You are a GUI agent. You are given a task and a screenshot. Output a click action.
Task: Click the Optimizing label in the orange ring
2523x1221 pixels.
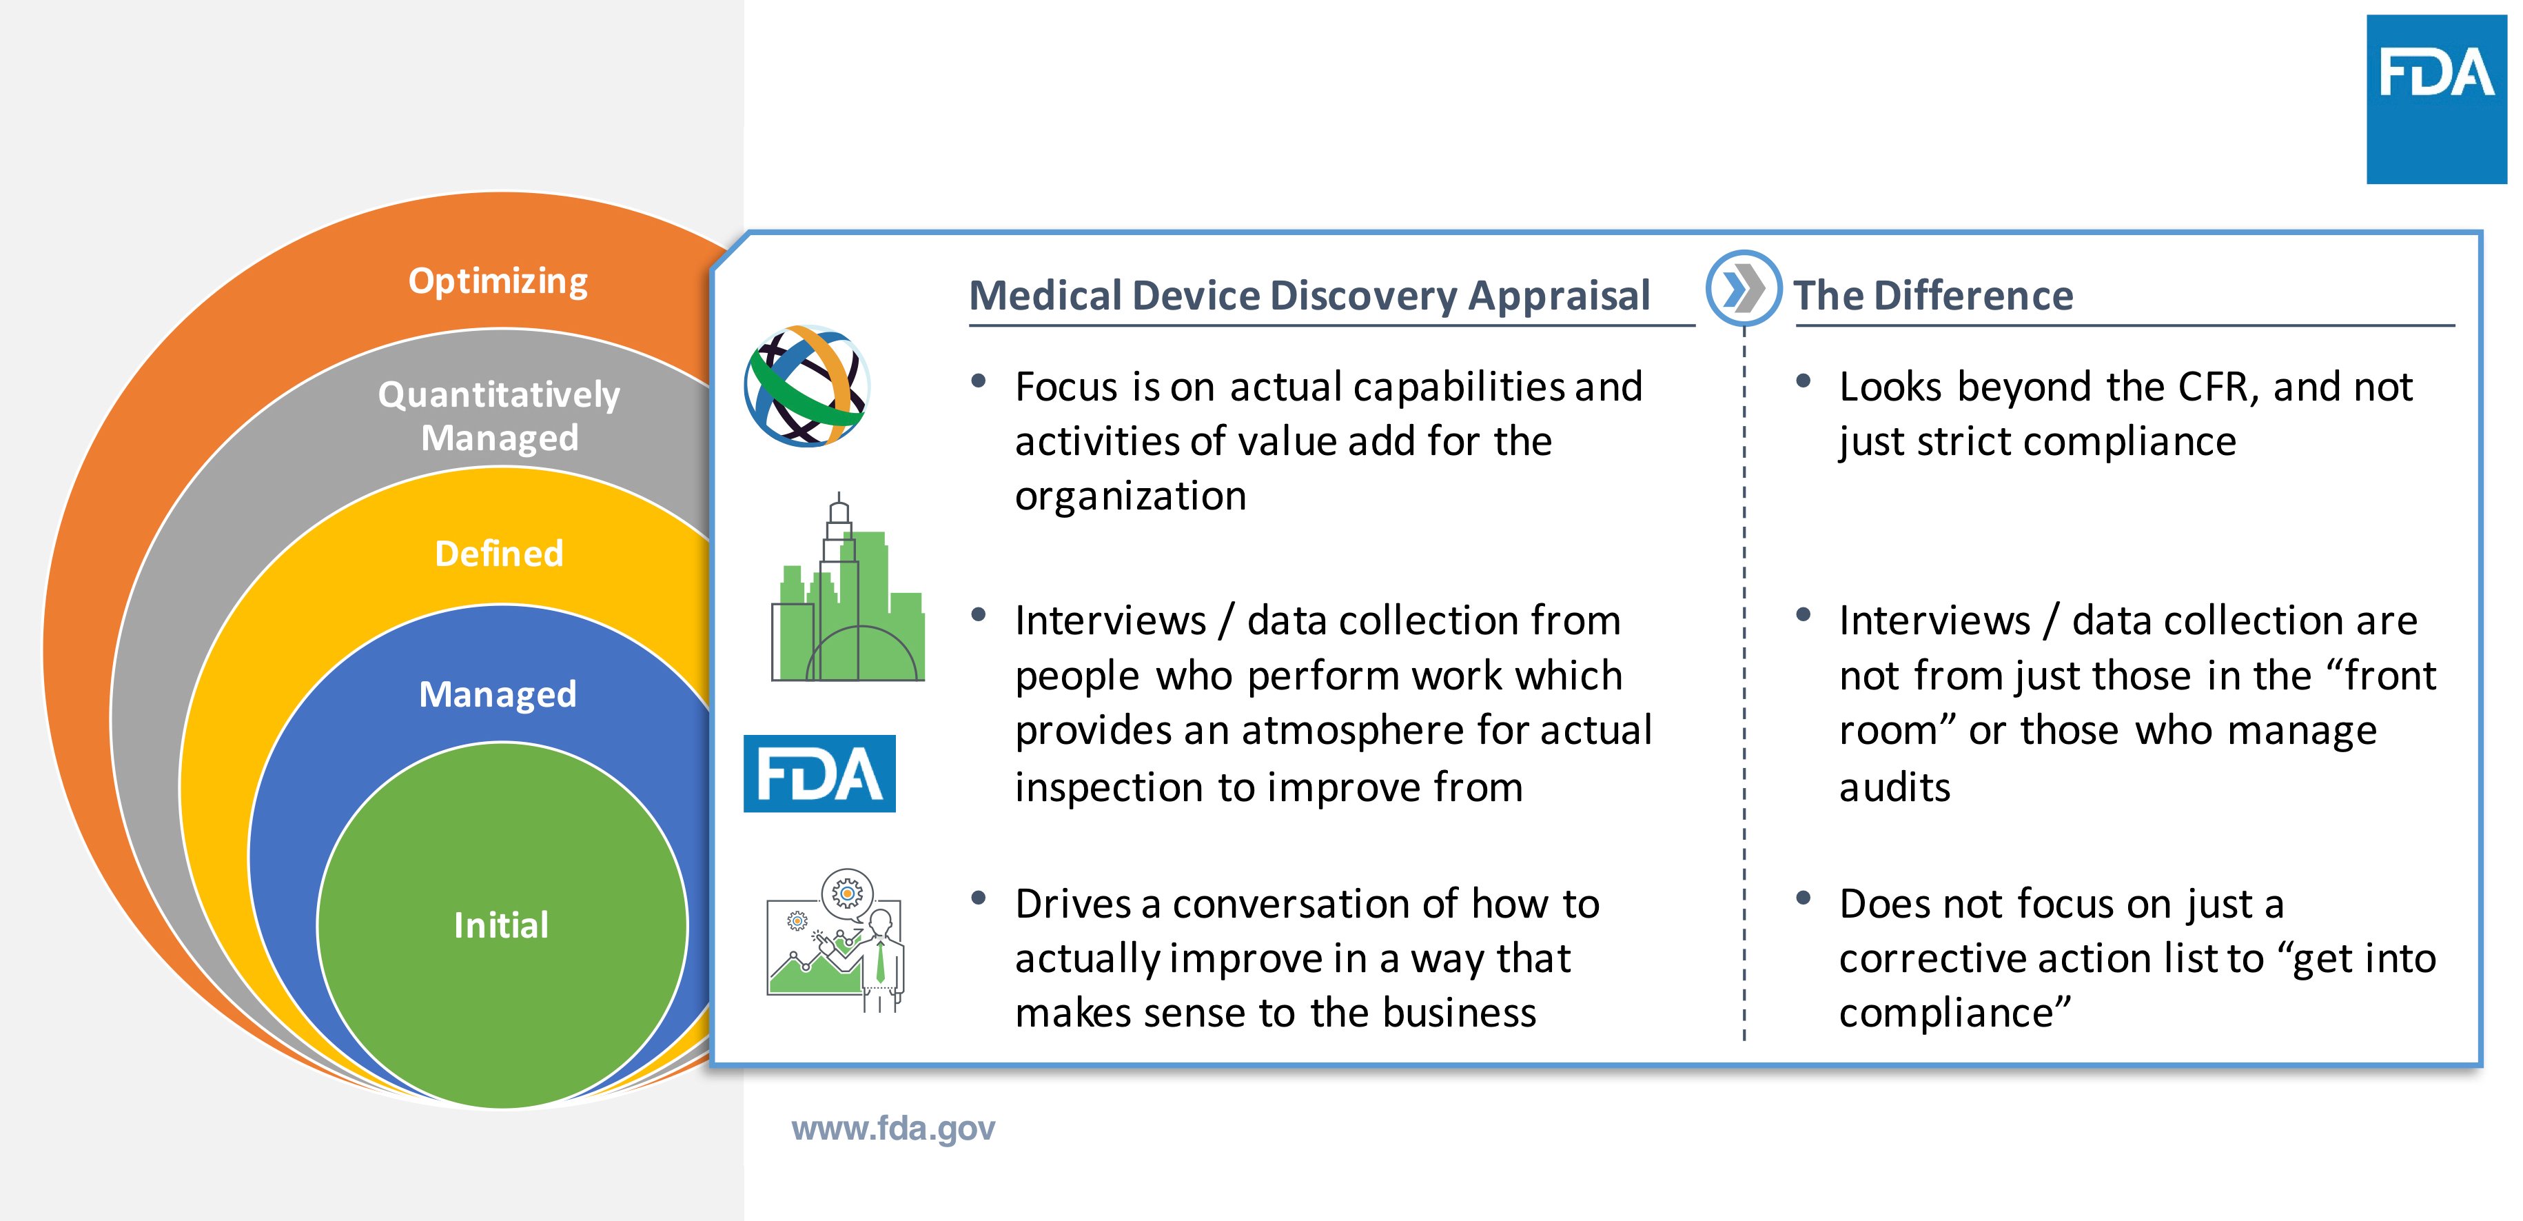click(x=498, y=281)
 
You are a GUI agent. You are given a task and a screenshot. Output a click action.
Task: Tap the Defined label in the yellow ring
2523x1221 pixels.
click(x=498, y=554)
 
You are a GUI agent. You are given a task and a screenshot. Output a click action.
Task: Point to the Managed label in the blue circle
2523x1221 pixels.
click(x=498, y=694)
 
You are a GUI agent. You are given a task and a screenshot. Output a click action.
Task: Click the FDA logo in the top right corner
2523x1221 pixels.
click(x=2436, y=100)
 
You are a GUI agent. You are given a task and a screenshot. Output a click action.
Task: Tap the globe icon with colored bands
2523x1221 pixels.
click(x=807, y=386)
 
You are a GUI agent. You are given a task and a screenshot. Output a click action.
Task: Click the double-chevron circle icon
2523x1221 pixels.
click(x=1744, y=289)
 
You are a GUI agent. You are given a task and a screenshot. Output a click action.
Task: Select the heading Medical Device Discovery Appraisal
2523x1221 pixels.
click(x=1309, y=295)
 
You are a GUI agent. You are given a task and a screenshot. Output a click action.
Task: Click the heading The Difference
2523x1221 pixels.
click(x=1932, y=295)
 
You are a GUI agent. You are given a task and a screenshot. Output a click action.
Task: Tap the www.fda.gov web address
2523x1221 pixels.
click(x=892, y=1128)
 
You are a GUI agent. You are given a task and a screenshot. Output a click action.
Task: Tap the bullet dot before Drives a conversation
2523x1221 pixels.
click(x=977, y=898)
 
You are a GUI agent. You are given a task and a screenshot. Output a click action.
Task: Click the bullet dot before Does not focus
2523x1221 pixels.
click(x=1802, y=898)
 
